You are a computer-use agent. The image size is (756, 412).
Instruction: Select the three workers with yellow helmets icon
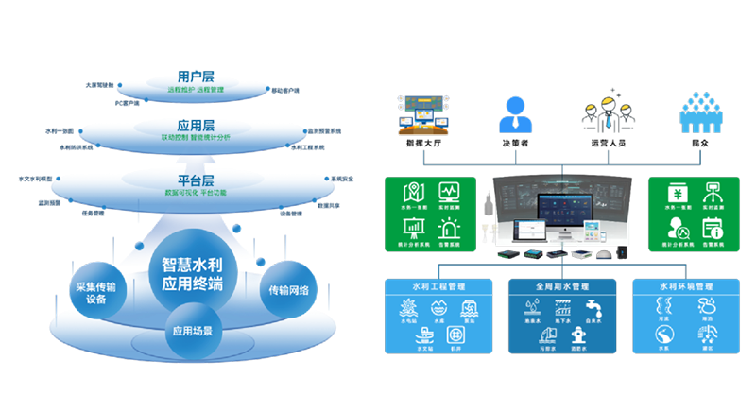coord(605,111)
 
